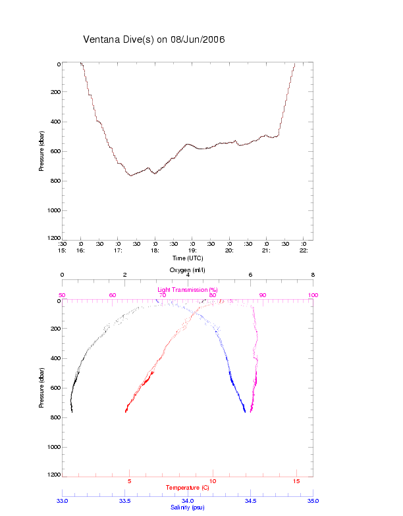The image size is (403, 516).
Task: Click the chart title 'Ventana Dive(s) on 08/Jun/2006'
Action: (154, 39)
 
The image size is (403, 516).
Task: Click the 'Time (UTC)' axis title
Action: (186, 258)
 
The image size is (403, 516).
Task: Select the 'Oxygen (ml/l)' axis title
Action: (188, 270)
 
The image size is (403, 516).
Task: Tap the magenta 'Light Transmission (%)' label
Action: (187, 289)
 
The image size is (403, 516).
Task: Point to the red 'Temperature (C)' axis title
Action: (188, 487)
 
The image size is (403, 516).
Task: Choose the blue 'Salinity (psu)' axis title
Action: (188, 507)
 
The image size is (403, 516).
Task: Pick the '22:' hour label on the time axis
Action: (304, 250)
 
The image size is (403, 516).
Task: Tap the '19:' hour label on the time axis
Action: (192, 250)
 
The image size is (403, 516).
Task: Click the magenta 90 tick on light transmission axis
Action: (263, 295)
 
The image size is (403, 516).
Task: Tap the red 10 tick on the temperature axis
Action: (213, 481)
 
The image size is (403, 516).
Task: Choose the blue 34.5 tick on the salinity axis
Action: (250, 501)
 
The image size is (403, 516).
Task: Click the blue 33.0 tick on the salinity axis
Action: (63, 501)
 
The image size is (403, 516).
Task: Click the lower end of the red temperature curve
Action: (126, 411)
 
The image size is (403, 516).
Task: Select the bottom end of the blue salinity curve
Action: (245, 412)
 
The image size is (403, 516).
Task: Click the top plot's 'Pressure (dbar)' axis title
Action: (41, 151)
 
